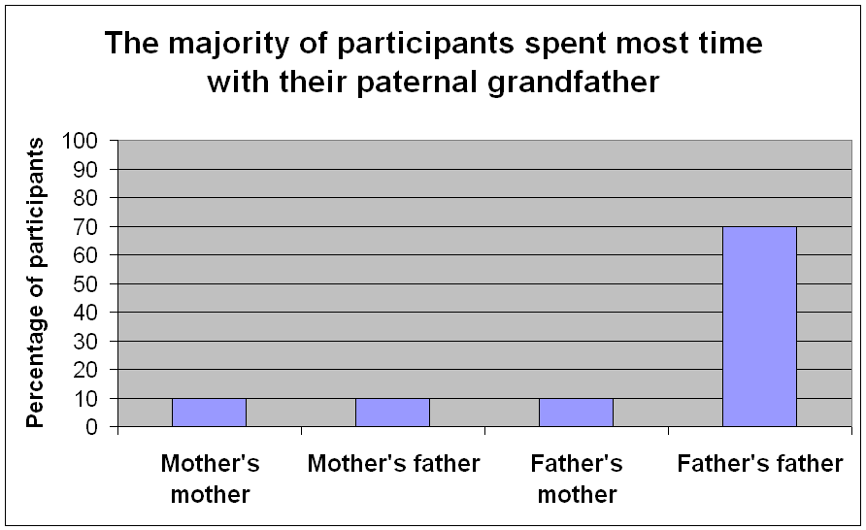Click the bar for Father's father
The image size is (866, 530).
click(x=759, y=326)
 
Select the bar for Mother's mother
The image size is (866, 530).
click(x=210, y=413)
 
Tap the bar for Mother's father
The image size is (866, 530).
click(x=392, y=413)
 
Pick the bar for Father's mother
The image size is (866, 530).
click(x=576, y=413)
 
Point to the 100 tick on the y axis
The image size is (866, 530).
click(x=80, y=140)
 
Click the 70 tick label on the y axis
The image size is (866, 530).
click(x=85, y=226)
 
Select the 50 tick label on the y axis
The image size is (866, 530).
click(x=85, y=283)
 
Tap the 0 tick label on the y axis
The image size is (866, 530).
click(x=92, y=427)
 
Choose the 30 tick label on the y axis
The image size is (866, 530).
click(x=85, y=341)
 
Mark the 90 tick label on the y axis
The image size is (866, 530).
click(x=85, y=169)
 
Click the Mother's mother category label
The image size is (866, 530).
click(x=210, y=479)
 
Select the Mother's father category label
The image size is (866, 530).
click(x=393, y=464)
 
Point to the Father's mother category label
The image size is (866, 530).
click(x=577, y=479)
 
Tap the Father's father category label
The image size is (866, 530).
click(x=760, y=464)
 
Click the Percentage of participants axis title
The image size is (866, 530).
click(x=35, y=282)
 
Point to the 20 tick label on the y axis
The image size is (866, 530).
click(x=85, y=369)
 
